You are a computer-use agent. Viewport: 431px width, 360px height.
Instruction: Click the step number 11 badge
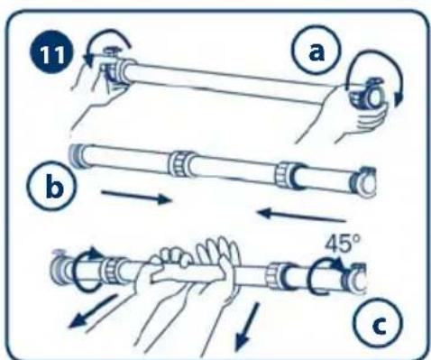point(51,55)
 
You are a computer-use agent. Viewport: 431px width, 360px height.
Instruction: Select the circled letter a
point(316,50)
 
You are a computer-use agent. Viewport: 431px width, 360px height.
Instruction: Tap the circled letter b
point(51,186)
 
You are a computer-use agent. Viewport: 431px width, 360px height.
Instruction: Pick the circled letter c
point(378,322)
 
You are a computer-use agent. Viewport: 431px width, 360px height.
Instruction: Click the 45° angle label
point(343,244)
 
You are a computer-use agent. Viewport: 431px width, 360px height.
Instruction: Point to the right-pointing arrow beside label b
point(136,197)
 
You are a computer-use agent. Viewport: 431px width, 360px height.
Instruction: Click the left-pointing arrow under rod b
point(302,216)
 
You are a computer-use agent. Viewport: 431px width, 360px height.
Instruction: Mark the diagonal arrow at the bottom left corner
point(93,311)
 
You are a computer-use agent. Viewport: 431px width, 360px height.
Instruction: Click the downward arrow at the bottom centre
point(247,327)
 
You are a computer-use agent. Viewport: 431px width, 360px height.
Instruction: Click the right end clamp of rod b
point(363,182)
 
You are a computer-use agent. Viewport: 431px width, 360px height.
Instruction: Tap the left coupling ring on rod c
point(114,270)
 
